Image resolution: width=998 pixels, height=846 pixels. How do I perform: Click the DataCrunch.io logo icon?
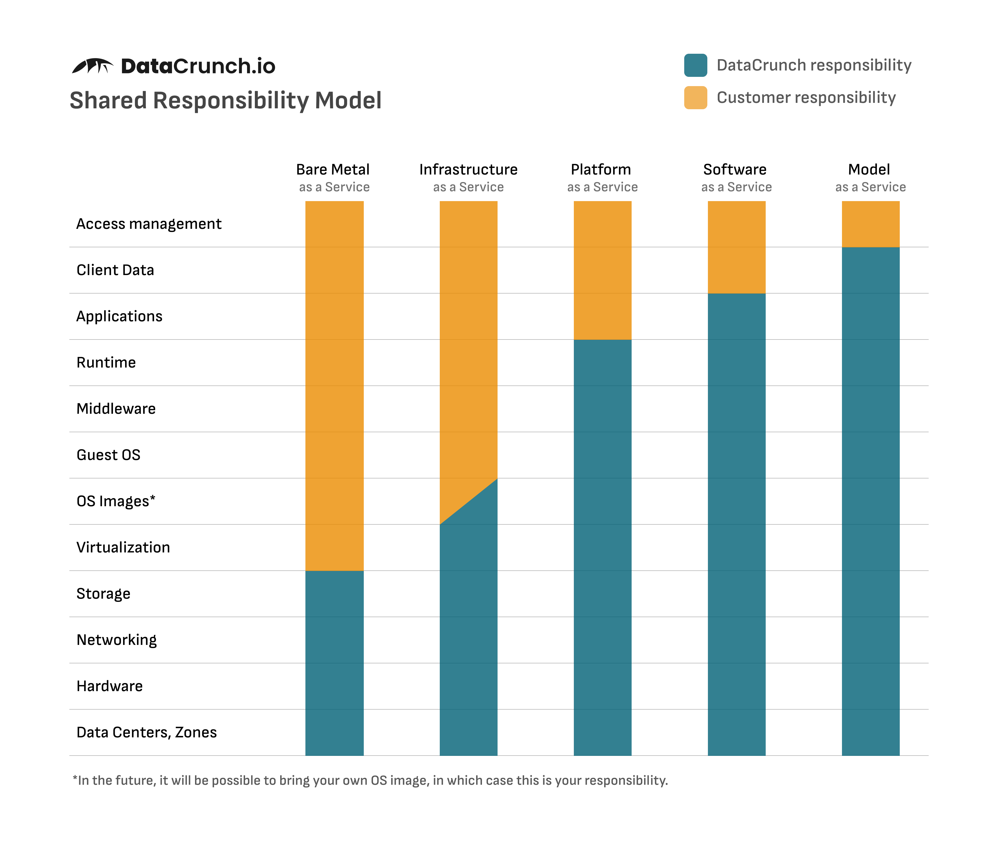pyautogui.click(x=92, y=66)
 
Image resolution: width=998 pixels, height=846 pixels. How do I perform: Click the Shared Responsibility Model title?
pyautogui.click(x=225, y=101)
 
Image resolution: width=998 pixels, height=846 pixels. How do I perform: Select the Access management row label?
pyautogui.click(x=149, y=224)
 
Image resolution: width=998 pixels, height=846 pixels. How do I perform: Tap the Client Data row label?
pyautogui.click(x=115, y=270)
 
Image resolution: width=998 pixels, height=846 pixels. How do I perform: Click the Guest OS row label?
pyautogui.click(x=108, y=455)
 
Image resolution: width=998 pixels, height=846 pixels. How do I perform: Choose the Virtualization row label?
pyautogui.click(x=123, y=547)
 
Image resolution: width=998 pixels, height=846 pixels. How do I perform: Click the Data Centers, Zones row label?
pyautogui.click(x=146, y=732)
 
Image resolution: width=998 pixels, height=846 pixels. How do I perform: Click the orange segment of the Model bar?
pyautogui.click(x=870, y=224)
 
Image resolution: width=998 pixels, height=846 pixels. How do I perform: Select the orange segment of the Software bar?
pyautogui.click(x=736, y=247)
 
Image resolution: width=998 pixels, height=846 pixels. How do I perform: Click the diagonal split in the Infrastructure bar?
pyautogui.click(x=469, y=501)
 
